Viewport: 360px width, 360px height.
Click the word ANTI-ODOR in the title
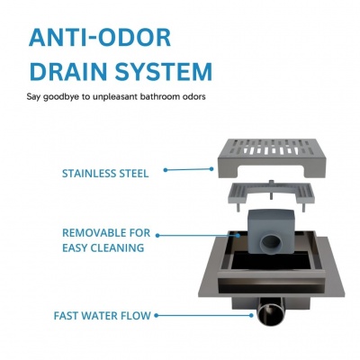click(100, 38)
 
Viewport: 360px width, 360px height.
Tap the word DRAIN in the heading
click(69, 71)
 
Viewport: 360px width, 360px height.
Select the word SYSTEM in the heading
click(164, 71)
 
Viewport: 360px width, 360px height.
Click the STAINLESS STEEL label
click(105, 174)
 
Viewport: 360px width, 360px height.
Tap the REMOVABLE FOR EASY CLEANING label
click(106, 240)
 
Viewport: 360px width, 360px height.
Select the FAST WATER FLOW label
click(103, 316)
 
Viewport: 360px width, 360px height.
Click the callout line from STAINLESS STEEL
click(188, 169)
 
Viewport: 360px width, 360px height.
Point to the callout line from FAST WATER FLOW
click(204, 315)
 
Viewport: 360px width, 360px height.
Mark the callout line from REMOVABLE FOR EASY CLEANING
click(198, 236)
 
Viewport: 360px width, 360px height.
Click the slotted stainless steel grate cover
click(272, 157)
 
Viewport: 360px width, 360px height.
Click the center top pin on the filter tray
click(271, 184)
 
